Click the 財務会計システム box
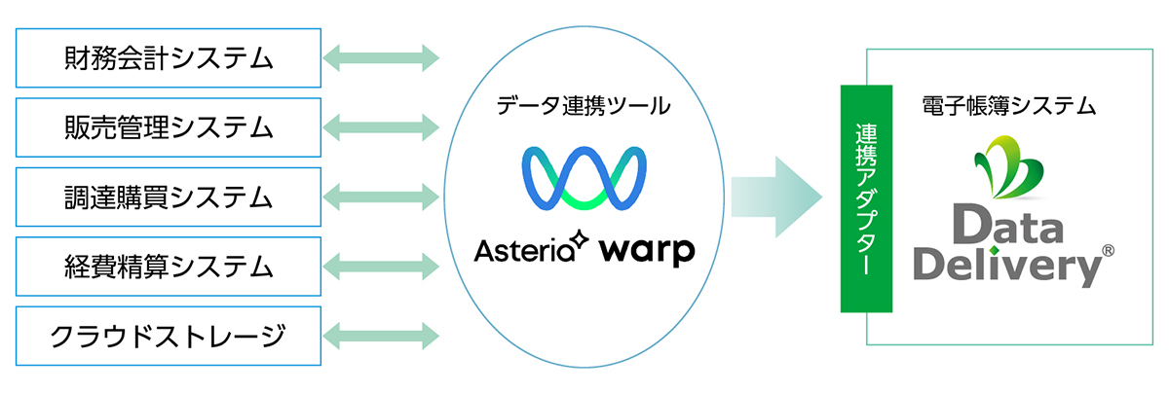168,57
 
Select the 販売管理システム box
168,127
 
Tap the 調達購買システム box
168,197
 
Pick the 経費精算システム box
168,267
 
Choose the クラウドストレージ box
168,337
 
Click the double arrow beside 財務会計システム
381,57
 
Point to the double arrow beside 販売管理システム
381,127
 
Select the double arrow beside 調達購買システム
381,197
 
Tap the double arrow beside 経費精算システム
381,267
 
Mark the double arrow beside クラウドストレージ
381,337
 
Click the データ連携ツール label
584,106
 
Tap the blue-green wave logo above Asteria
584,178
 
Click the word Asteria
524,251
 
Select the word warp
647,252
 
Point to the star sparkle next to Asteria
580,239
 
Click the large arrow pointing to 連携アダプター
776,197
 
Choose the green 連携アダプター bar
866,198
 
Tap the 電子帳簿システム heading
1009,106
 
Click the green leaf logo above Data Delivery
1010,166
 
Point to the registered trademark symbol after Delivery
1108,251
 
